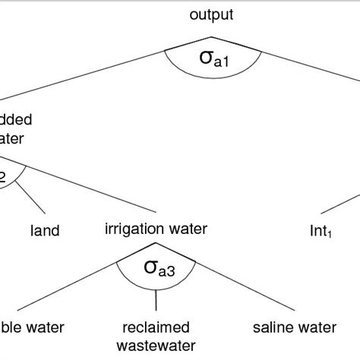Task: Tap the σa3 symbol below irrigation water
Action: pos(156,267)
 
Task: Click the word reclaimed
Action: pos(156,328)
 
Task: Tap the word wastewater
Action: pos(156,346)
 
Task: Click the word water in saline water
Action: pos(318,328)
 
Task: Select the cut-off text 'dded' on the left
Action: pos(16,119)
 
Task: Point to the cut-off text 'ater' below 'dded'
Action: pos(14,137)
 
